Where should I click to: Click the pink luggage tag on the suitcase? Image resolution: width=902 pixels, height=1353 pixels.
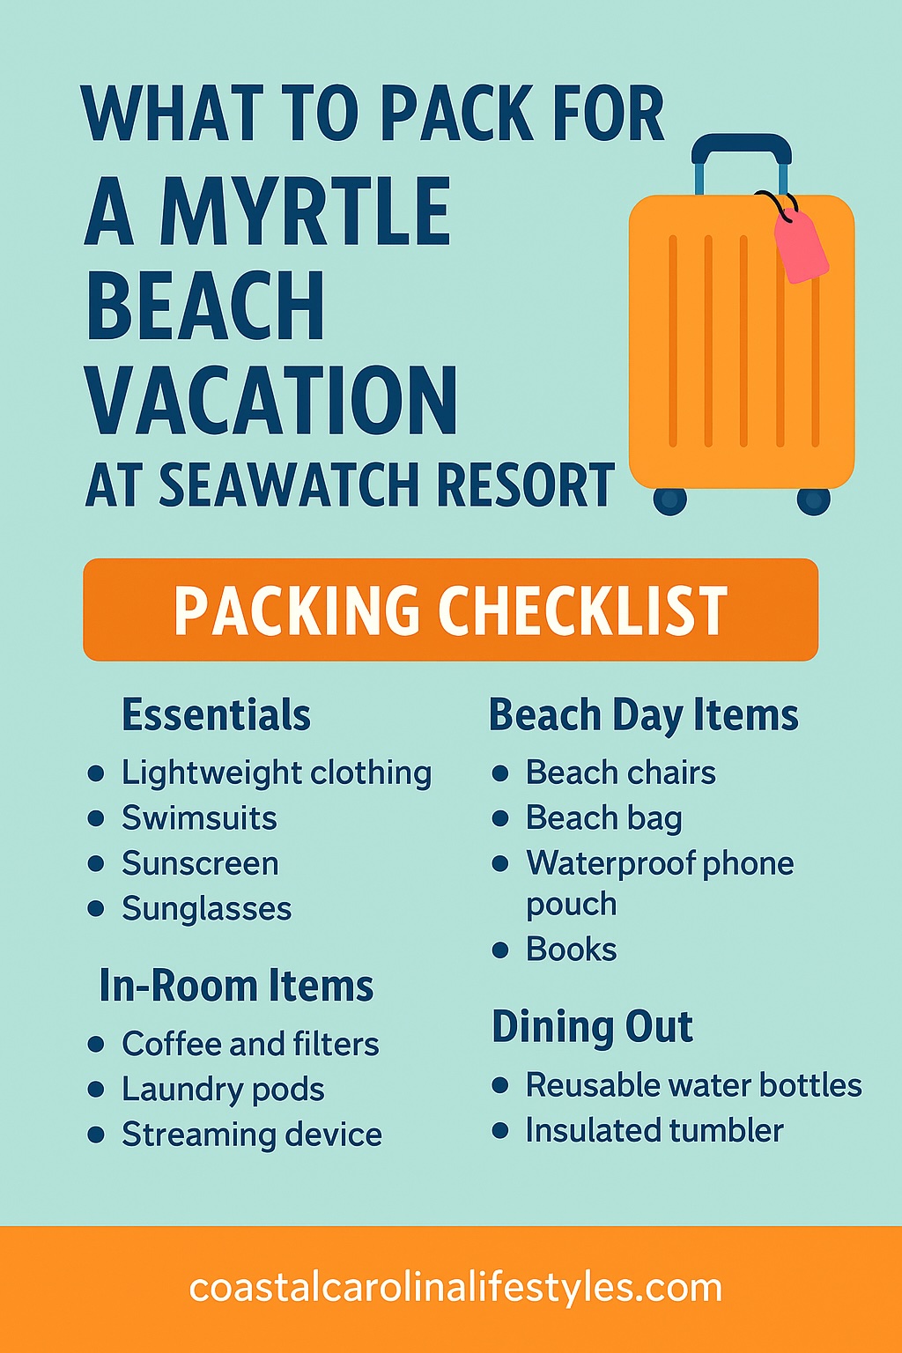(801, 245)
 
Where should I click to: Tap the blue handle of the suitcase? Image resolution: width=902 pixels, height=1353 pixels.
(742, 146)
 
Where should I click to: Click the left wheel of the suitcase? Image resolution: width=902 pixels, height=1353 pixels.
(670, 499)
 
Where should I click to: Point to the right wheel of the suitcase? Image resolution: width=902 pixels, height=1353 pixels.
(813, 499)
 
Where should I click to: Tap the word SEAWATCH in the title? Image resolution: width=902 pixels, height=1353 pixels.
(290, 484)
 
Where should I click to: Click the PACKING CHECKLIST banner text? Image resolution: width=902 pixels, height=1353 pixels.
(451, 610)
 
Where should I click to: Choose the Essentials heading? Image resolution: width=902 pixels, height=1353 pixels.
(217, 714)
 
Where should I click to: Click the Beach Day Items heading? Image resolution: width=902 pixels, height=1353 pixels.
(643, 715)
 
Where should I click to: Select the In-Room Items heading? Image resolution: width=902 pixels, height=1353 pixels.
(236, 986)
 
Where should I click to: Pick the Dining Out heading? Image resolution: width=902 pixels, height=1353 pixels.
(592, 1026)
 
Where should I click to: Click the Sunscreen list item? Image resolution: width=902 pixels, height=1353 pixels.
(200, 862)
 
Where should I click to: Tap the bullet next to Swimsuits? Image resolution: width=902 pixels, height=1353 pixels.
(96, 818)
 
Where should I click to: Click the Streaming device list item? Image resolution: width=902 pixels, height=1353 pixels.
(252, 1135)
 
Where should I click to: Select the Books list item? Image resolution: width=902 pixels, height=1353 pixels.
(571, 950)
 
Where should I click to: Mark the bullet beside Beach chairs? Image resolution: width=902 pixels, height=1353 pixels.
(499, 773)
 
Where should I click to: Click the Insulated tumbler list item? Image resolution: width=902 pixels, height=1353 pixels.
(654, 1130)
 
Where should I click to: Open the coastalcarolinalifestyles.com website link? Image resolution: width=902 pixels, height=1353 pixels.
(455, 1289)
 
